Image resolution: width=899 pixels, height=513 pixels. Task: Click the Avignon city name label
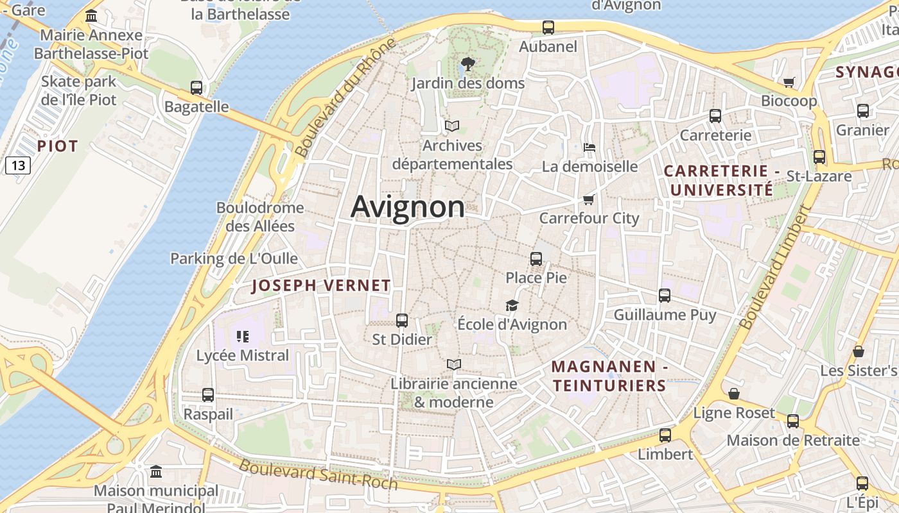pos(408,207)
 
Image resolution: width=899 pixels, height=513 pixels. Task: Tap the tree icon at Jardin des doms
pos(468,63)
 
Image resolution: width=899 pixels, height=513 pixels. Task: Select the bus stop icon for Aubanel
pos(548,28)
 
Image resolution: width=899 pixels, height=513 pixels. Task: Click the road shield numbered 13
pos(18,165)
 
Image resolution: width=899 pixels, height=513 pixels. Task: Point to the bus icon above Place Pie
pos(536,259)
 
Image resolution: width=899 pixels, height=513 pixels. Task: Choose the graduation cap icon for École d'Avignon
pos(512,305)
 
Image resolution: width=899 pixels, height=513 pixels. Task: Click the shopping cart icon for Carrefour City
pos(588,199)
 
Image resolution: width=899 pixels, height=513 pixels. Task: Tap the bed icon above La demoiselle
pos(589,147)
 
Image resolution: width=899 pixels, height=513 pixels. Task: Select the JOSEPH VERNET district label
pos(321,286)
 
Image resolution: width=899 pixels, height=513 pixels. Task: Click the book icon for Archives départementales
pos(452,126)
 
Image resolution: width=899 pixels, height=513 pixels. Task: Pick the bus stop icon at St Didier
pos(402,320)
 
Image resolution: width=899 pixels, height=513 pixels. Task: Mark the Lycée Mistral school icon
pos(243,336)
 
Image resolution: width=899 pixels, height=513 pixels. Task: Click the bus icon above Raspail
pos(207,395)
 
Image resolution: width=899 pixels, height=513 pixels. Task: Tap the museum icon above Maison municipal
pos(156,473)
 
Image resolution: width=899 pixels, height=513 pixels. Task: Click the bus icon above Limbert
pos(665,435)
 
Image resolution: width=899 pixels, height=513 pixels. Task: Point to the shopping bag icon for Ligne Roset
pos(734,394)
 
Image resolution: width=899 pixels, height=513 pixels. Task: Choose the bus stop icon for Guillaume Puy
pos(665,296)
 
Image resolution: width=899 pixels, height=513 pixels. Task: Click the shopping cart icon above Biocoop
pos(789,82)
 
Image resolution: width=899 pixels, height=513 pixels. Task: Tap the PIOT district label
pos(57,146)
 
